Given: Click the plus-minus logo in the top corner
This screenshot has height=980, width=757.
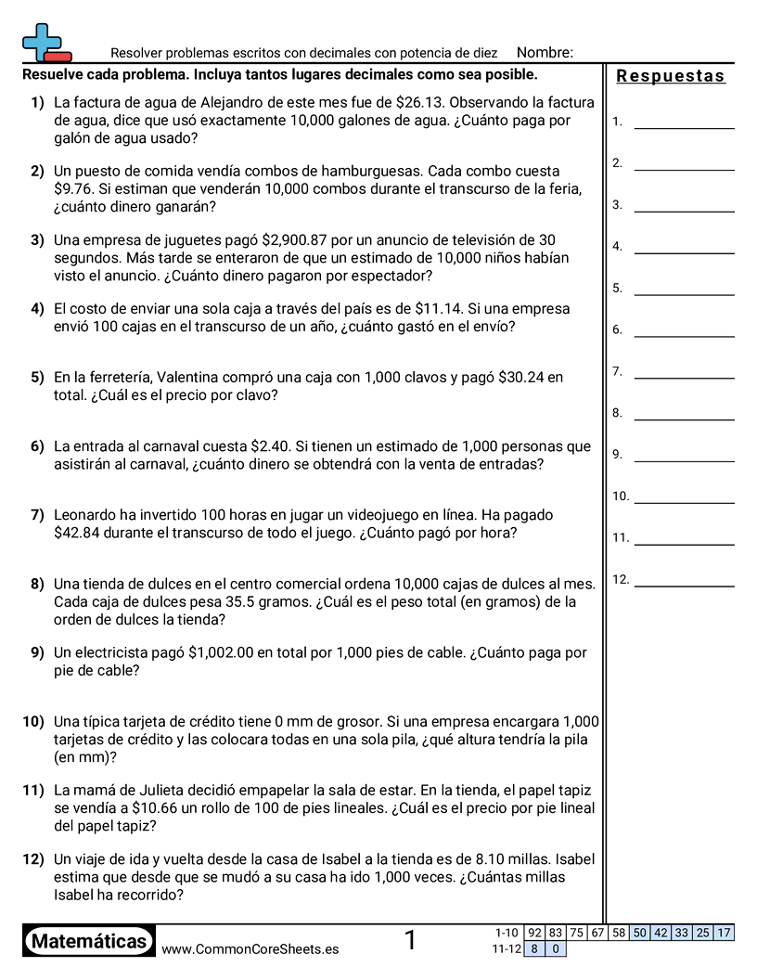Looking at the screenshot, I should coord(45,43).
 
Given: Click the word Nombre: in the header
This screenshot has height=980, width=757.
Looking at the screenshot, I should coord(545,53).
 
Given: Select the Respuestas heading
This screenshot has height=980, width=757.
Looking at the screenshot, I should coord(670,76).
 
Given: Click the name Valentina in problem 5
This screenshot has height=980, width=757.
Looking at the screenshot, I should coord(191,378).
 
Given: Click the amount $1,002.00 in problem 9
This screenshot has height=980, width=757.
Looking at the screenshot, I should coord(221,652).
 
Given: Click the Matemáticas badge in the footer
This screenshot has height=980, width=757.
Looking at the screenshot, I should coord(89,941).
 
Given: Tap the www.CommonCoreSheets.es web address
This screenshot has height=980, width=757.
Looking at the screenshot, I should coord(250,949).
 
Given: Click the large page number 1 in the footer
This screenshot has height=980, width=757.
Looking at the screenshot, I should coord(410,941).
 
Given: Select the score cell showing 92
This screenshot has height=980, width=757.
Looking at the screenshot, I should coord(534,933).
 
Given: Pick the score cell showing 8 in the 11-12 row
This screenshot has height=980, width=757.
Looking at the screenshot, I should coord(534,948).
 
